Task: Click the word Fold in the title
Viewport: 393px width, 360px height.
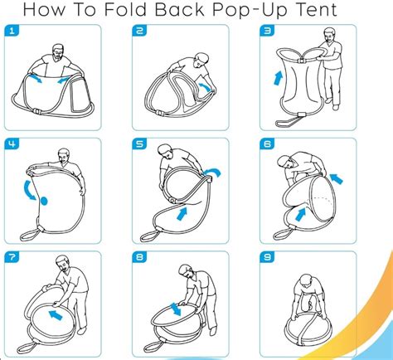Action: (125, 10)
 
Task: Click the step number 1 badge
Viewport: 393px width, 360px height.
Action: (12, 31)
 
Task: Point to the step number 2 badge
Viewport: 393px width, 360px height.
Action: (139, 31)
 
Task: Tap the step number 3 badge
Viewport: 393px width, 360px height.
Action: (267, 31)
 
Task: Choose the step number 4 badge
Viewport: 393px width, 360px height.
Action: (12, 144)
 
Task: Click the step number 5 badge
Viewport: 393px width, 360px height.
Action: (139, 144)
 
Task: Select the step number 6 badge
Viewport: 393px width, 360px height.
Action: (267, 144)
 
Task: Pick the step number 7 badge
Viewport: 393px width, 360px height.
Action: (12, 257)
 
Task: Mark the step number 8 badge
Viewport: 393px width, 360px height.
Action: (139, 257)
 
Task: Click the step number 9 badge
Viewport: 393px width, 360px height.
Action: (267, 257)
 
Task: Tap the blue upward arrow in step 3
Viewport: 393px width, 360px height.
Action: (279, 78)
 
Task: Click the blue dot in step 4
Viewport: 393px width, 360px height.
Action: (44, 201)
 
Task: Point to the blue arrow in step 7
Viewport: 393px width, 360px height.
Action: (56, 315)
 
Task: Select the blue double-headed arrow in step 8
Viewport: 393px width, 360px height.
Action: (175, 309)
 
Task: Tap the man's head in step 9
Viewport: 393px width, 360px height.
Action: (306, 282)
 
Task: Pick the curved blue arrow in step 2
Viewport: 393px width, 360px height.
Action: (206, 86)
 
